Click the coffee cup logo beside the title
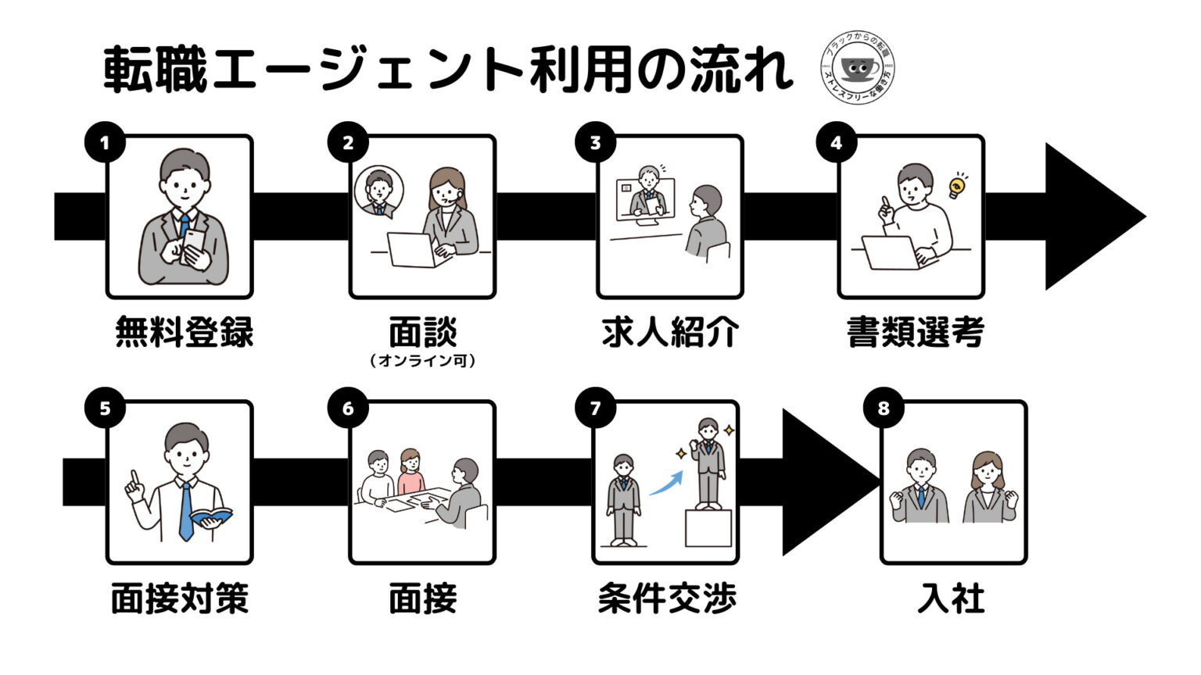point(858,69)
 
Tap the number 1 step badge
point(105,142)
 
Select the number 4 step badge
point(836,142)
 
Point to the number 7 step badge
point(595,409)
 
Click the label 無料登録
point(185,331)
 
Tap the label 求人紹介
point(670,331)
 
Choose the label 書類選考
point(915,331)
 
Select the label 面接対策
point(180,598)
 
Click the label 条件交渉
point(667,598)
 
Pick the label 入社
point(951,598)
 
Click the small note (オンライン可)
point(422,361)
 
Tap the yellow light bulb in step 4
point(955,186)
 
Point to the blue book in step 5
point(211,516)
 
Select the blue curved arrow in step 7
point(665,483)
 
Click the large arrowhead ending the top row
point(1091,216)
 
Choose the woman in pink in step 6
point(410,473)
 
